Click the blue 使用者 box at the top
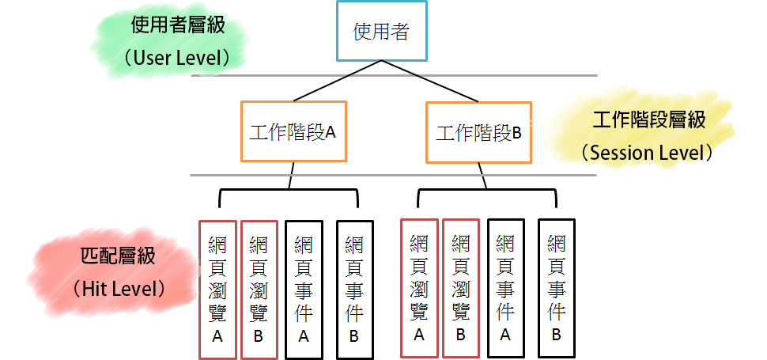tap(380, 32)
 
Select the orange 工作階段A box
tap(293, 131)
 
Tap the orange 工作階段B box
tap(478, 131)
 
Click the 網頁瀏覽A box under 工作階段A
tap(217, 288)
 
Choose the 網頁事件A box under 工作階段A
tap(303, 288)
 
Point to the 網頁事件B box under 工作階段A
tap(353, 288)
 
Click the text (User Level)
tap(177, 58)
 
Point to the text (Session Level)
tap(647, 152)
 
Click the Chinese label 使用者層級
tap(178, 25)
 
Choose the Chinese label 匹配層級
tap(119, 256)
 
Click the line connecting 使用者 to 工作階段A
tap(332, 82)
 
